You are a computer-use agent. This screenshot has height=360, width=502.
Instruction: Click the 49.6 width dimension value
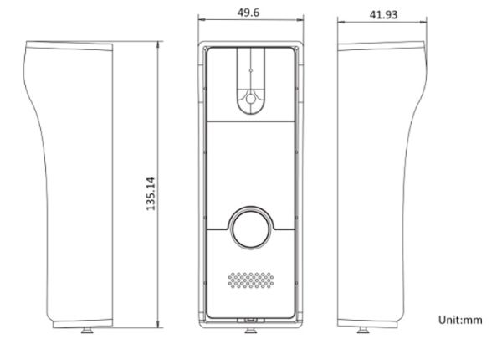coord(248,13)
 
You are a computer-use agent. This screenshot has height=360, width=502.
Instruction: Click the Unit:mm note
coord(460,320)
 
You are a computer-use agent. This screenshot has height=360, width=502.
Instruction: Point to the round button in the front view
coord(248,227)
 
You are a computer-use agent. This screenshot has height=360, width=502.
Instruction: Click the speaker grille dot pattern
coord(248,280)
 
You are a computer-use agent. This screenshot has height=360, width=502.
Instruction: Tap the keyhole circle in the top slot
coord(248,99)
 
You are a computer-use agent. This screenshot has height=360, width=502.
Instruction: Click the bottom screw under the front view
coord(248,328)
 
